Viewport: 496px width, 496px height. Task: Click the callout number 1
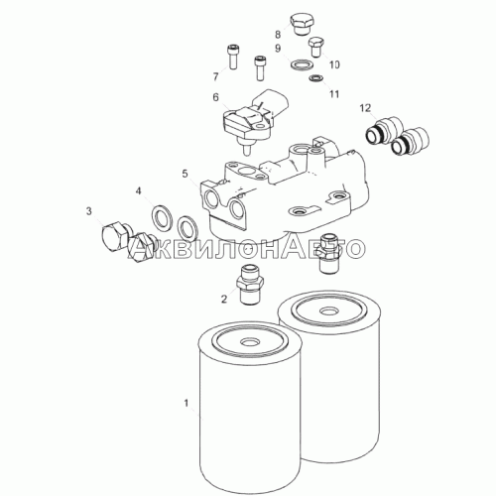186,403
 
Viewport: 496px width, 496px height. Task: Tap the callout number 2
224,300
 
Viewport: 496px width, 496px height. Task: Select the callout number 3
89,211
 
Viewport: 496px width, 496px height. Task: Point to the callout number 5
185,174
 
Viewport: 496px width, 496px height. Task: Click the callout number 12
365,108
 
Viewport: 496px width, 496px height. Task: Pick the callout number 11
334,94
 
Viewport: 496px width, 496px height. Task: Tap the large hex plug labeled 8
302,23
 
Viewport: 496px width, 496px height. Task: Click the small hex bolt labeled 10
316,48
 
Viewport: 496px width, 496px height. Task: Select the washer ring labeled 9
300,63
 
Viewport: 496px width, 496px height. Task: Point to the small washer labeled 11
316,78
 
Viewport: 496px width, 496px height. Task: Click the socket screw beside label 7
233,57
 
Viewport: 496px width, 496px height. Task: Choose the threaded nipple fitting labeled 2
250,285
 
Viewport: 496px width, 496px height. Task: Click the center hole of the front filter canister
249,341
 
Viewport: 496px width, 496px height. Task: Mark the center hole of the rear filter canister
328,311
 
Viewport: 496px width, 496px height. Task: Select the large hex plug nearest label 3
114,237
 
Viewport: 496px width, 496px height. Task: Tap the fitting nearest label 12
384,130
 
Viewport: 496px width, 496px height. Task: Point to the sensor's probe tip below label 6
245,150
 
